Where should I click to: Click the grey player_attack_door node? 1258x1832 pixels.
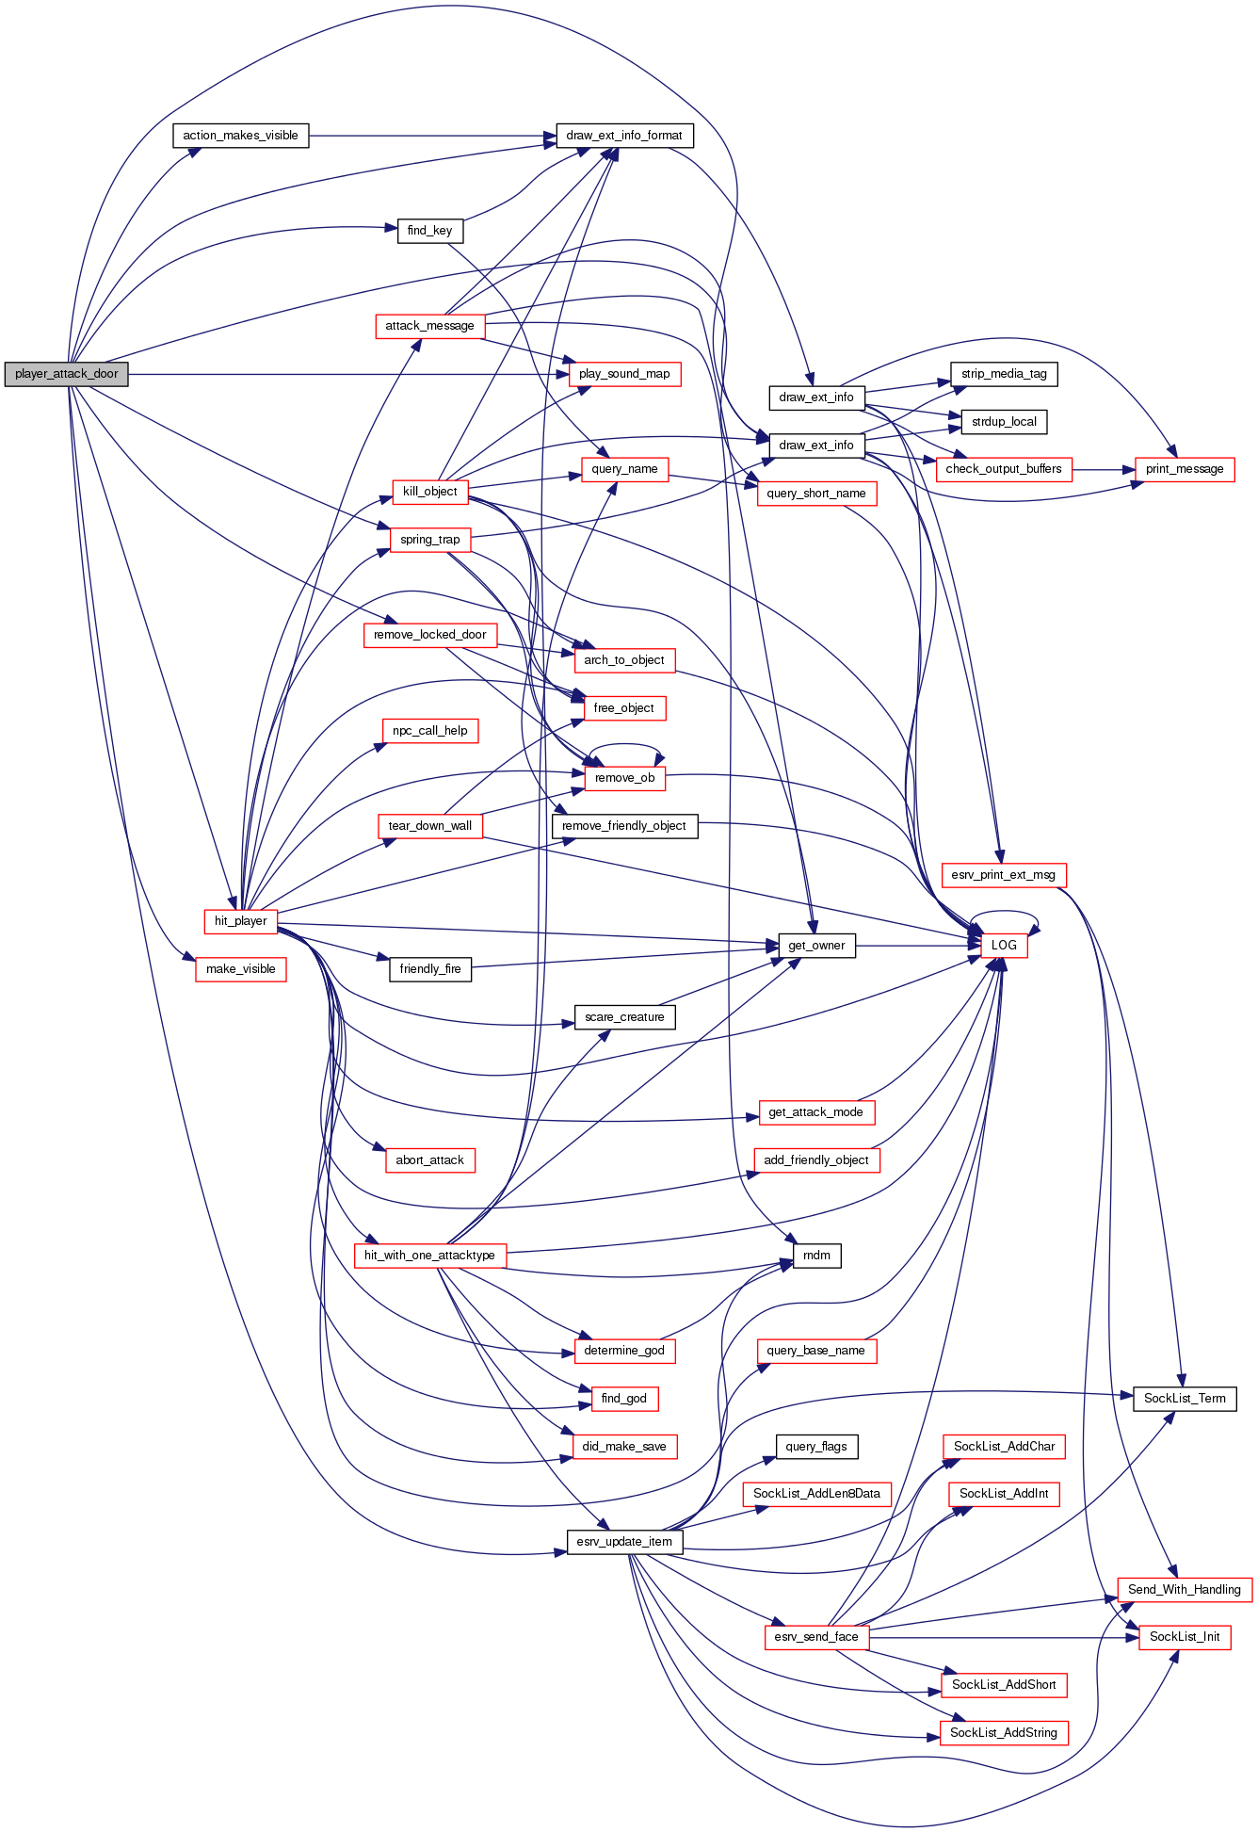(x=66, y=374)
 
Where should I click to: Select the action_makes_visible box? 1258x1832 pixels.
(x=240, y=136)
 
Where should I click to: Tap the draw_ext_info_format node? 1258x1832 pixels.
(x=624, y=136)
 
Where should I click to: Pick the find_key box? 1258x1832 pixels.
(x=429, y=231)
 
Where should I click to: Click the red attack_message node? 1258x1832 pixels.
(x=429, y=326)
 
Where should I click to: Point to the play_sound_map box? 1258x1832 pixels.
(x=624, y=374)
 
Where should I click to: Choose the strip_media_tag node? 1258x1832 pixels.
(x=1004, y=374)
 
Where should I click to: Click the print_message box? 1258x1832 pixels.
(x=1185, y=469)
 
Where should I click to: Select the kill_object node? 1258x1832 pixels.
(x=429, y=492)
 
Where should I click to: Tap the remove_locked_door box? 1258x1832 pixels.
(x=429, y=635)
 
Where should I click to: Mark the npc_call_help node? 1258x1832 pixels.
(x=429, y=731)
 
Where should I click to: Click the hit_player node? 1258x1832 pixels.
(x=240, y=921)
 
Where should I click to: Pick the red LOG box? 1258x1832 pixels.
(x=1004, y=946)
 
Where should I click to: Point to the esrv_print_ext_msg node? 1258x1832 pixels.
(x=1004, y=875)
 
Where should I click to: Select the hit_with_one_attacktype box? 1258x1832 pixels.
(x=429, y=1256)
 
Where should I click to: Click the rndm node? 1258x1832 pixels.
(x=816, y=1256)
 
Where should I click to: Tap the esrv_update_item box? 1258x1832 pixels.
(x=624, y=1542)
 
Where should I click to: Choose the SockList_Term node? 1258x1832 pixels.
(x=1185, y=1399)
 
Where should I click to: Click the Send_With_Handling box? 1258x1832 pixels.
(x=1185, y=1590)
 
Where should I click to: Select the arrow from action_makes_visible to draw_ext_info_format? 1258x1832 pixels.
(x=433, y=136)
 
